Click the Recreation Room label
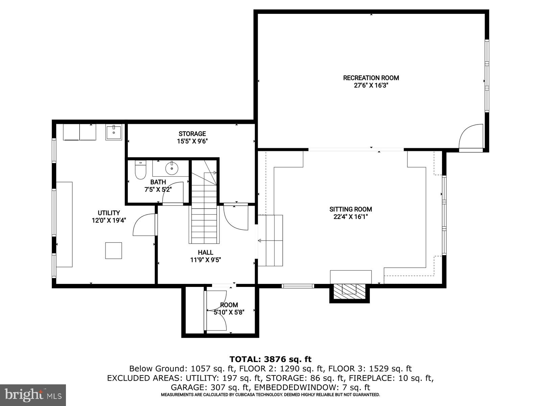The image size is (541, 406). pyautogui.click(x=371, y=78)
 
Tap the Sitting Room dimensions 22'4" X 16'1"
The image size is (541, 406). pyautogui.click(x=351, y=217)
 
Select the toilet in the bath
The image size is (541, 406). pyautogui.click(x=140, y=171)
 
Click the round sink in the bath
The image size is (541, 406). pyautogui.click(x=172, y=168)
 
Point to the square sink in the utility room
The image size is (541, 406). pyautogui.click(x=114, y=132)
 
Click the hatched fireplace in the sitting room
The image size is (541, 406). pyautogui.click(x=350, y=291)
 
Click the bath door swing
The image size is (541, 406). pyautogui.click(x=173, y=193)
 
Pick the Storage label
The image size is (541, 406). pyautogui.click(x=192, y=134)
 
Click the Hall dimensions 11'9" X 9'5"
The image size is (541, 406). pyautogui.click(x=205, y=260)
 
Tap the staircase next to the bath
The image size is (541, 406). pyautogui.click(x=204, y=210)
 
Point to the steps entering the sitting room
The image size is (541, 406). pyautogui.click(x=270, y=240)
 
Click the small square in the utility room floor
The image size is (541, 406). pyautogui.click(x=113, y=251)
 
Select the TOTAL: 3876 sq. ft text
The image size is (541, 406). pyautogui.click(x=270, y=359)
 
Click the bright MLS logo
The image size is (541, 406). pyautogui.click(x=33, y=395)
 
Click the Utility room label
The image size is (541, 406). pyautogui.click(x=109, y=213)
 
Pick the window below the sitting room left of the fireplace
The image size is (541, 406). pyautogui.click(x=298, y=286)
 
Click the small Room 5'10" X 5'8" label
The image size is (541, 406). pyautogui.click(x=229, y=305)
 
